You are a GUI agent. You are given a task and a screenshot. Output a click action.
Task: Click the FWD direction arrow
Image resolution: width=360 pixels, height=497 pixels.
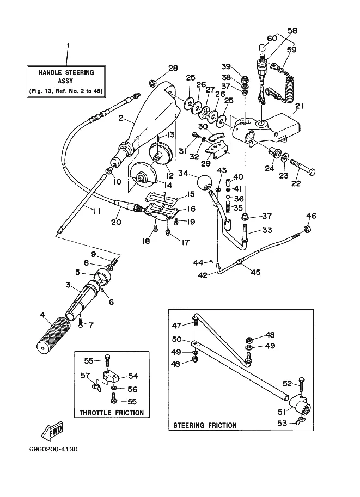[x=52, y=431]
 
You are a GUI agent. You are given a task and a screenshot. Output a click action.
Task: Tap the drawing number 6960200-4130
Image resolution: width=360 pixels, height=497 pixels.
[x=53, y=449]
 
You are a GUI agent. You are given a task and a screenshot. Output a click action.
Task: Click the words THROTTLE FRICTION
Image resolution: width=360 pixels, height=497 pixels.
[x=111, y=413]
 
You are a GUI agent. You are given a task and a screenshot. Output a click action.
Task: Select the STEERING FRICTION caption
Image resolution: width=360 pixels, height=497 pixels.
[x=205, y=425]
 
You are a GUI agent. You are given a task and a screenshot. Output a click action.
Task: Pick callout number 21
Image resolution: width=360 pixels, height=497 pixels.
[x=299, y=106]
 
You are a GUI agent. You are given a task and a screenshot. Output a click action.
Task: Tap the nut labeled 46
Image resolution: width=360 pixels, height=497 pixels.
[x=307, y=229]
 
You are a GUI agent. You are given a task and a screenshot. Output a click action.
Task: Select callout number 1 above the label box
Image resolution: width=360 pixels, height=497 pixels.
[x=68, y=46]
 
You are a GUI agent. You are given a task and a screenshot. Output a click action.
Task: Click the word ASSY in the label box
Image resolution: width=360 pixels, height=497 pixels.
[x=66, y=81]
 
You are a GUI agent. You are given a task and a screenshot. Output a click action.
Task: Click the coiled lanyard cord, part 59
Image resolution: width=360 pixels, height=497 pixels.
[x=290, y=81]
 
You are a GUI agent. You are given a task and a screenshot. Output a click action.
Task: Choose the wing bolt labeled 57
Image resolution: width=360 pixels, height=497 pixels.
[x=95, y=387]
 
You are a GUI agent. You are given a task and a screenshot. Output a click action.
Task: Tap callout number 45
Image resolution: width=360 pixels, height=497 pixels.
[x=255, y=272]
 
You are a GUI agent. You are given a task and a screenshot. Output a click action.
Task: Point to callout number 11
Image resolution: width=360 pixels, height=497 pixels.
[x=96, y=211]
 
